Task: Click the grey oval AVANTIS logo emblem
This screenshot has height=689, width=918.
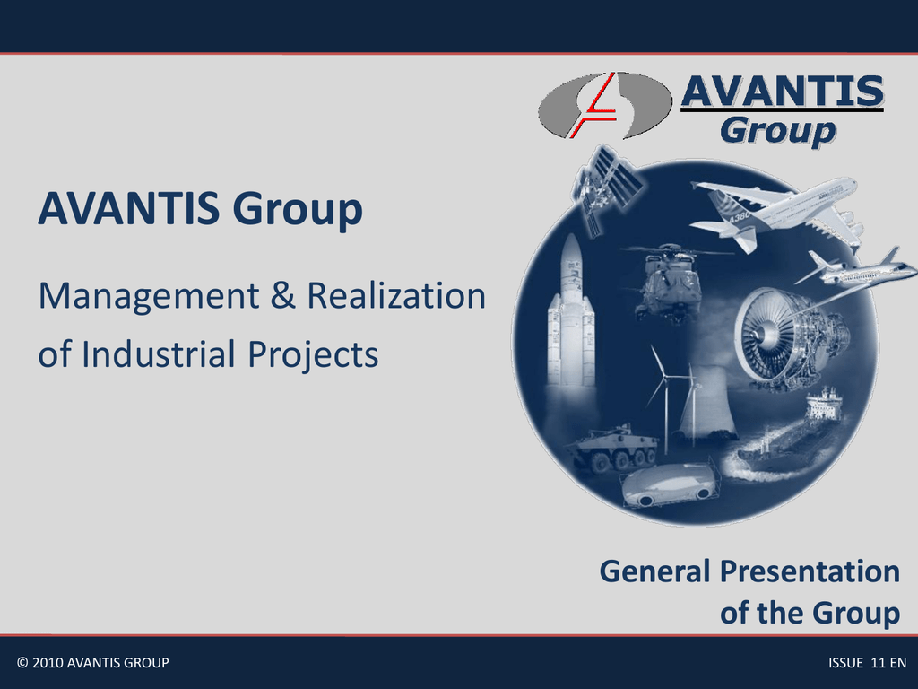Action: tap(605, 106)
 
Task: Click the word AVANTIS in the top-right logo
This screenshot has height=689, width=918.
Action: tap(782, 92)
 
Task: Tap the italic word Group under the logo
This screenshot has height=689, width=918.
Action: tap(777, 131)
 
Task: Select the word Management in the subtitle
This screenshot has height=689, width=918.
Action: tap(149, 295)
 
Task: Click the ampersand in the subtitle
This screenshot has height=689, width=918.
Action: tap(283, 295)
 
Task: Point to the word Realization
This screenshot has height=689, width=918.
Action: tap(397, 295)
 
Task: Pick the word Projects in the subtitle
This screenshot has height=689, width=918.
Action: tap(313, 354)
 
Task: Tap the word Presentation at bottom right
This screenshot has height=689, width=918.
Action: tap(810, 571)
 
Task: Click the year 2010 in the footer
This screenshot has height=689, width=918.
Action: tap(48, 663)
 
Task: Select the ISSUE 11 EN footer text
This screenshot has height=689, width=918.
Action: tap(868, 663)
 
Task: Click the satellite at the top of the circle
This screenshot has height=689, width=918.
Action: tap(605, 187)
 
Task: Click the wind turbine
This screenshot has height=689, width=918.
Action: tap(665, 398)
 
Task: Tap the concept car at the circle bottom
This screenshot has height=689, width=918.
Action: tap(669, 485)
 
